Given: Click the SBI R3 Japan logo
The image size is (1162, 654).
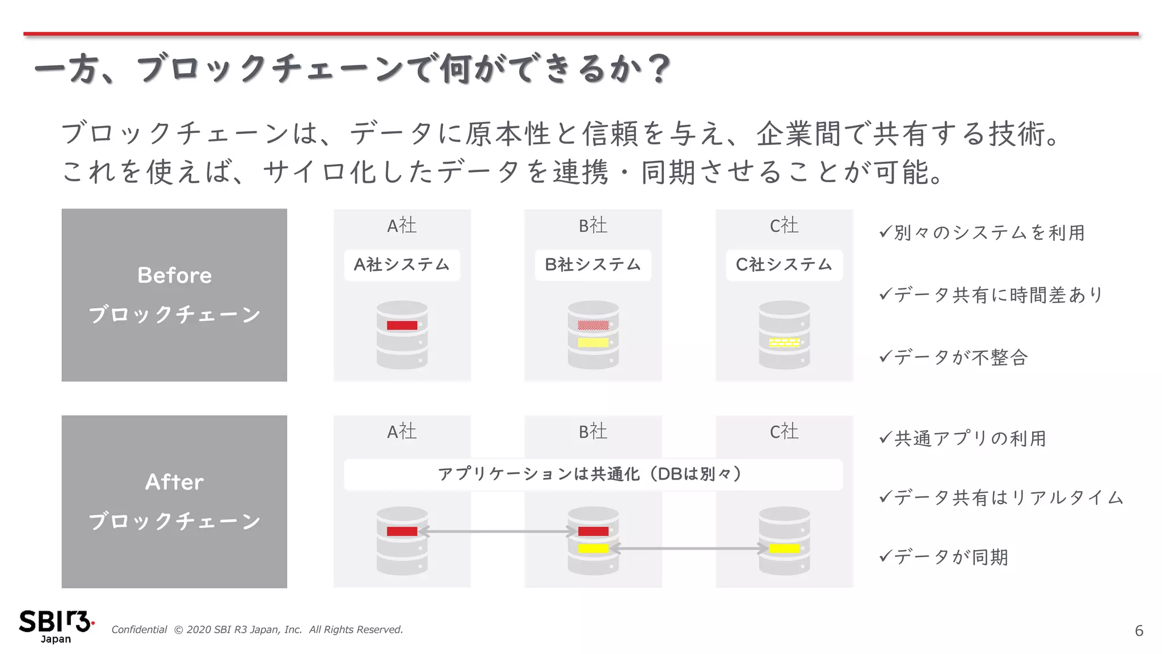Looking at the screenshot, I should pos(56,626).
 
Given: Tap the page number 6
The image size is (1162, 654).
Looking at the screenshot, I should pos(1138,631).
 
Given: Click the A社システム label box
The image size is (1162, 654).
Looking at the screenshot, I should pos(402,265).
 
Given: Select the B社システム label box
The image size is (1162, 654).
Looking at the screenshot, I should pos(593,265).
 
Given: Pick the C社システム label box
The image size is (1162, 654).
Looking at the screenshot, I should pos(784,265).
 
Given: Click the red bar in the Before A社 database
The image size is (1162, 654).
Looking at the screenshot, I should pos(402,325).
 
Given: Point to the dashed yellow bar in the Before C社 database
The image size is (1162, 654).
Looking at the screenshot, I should pos(784,342).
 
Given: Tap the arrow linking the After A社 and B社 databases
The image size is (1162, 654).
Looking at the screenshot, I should pos(498,531).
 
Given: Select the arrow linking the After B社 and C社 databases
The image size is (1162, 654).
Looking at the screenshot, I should pos(689,548).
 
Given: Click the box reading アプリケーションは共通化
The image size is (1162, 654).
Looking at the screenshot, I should pos(593,474).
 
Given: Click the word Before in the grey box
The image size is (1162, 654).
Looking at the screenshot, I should pos(174,275).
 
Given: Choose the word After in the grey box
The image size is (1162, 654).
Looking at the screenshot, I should pos(174,482).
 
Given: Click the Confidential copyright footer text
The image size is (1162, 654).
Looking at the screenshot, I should pos(257,630).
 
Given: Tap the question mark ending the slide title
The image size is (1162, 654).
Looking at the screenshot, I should pos(659,69).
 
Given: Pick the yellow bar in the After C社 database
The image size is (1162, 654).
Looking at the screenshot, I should pos(784,548).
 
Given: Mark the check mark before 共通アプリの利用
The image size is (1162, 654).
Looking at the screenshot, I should pos(885,438).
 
